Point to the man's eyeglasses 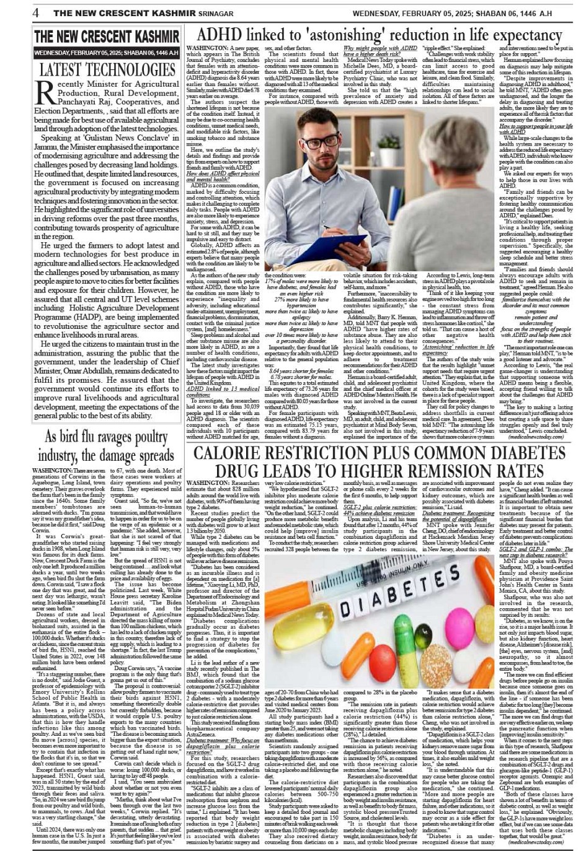coord(338,142)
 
